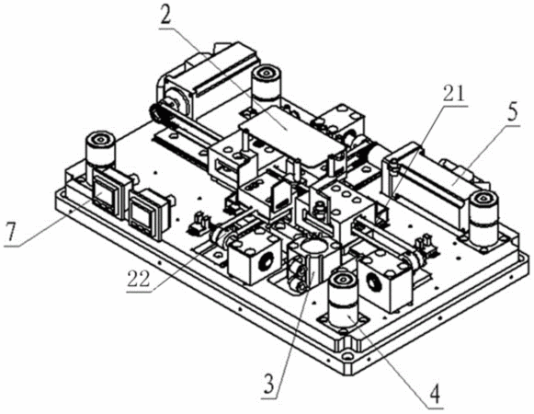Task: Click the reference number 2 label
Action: point(165,15)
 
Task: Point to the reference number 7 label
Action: point(9,232)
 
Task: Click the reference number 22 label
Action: point(140,279)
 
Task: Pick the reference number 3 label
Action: point(269,385)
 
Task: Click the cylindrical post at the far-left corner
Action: point(101,150)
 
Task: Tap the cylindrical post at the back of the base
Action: point(267,83)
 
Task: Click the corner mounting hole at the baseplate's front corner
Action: point(347,357)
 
